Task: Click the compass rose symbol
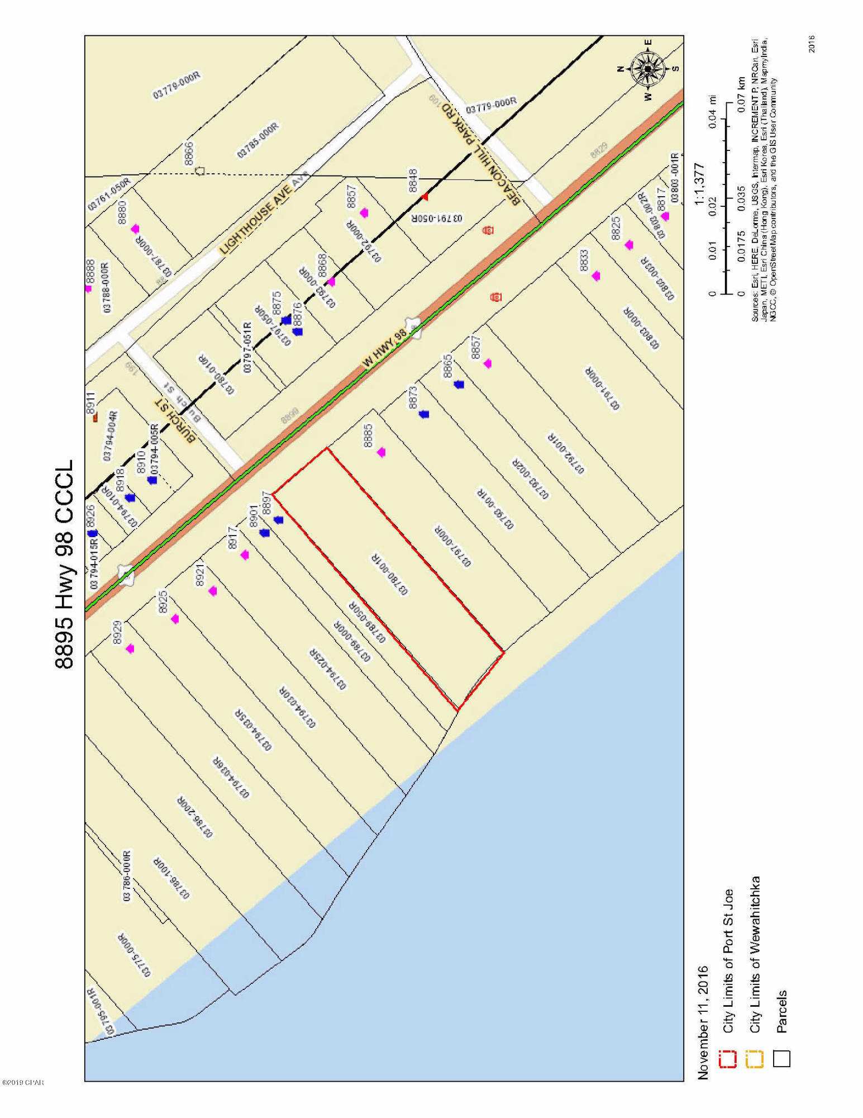648,69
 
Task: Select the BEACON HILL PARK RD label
481,154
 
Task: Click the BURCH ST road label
175,420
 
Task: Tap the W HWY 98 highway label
385,347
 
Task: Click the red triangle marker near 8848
425,197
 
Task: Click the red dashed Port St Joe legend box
728,1059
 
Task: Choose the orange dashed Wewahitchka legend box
755,1059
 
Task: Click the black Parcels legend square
782,1059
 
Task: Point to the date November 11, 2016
703,1022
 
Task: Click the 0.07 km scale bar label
741,93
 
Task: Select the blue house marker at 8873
424,414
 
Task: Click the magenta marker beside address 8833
596,276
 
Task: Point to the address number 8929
117,633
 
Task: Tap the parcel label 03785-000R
258,140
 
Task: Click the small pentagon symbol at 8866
200,171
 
